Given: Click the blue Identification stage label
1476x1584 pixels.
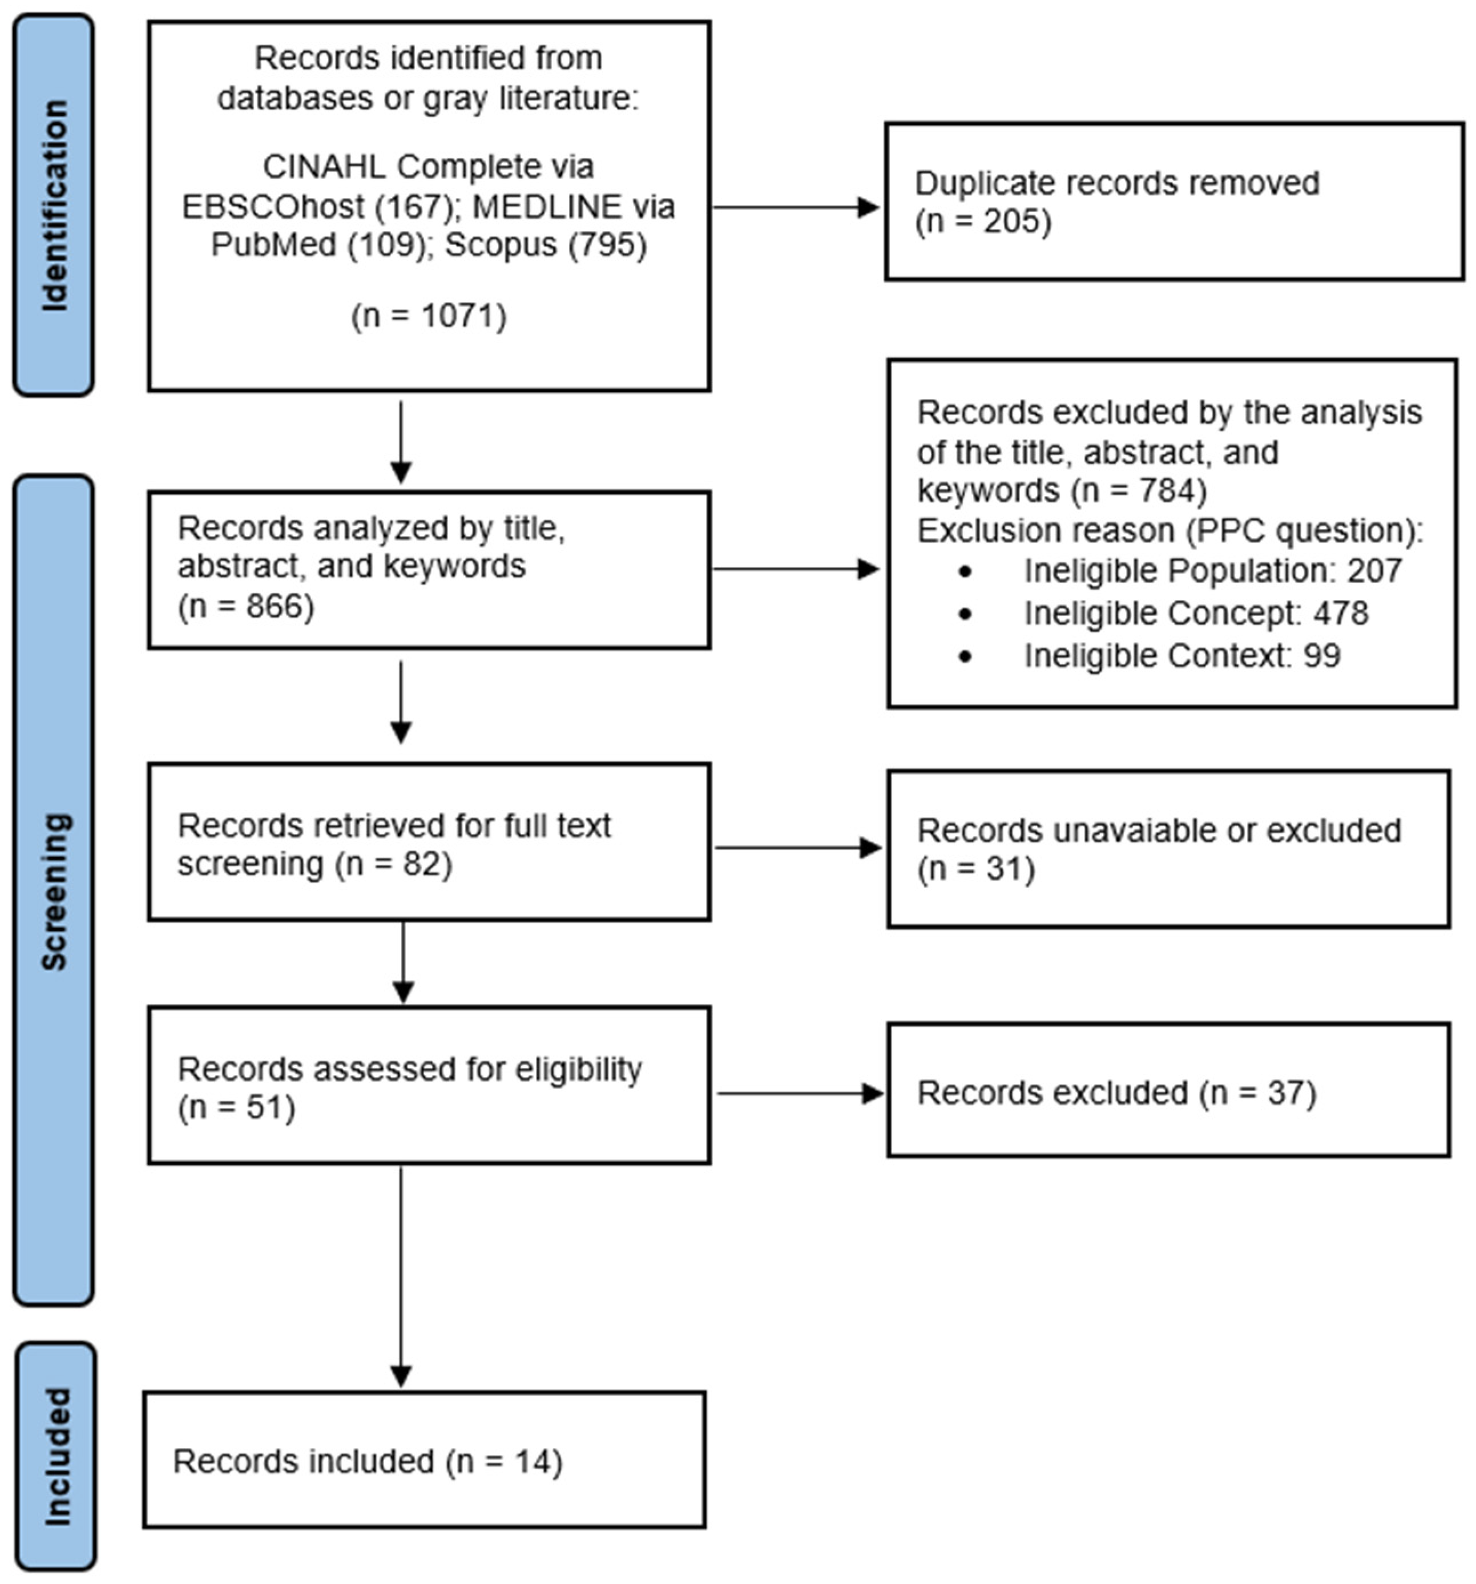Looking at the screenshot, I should tap(54, 205).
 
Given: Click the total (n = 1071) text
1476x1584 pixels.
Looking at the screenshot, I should tap(429, 316).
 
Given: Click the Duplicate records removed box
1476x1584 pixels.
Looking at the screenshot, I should tap(1173, 201).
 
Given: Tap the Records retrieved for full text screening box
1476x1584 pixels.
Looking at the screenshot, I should tap(429, 842).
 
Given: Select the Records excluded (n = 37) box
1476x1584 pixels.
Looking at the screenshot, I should tap(1168, 1091).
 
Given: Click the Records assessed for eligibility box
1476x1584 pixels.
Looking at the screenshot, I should tap(429, 1085).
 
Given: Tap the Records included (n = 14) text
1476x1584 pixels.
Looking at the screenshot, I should tap(367, 1461).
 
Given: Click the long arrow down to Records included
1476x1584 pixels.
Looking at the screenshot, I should tap(401, 1275).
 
